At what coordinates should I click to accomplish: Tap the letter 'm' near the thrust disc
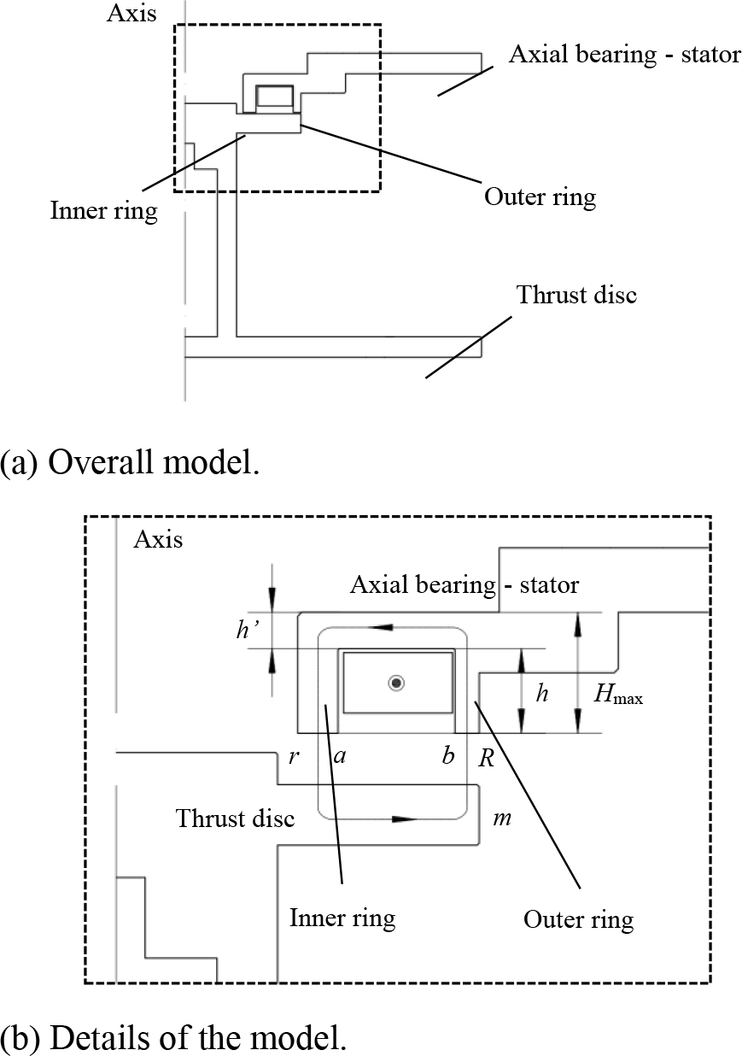click(x=502, y=819)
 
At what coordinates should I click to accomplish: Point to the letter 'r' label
click(x=292, y=757)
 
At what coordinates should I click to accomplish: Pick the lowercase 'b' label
click(x=447, y=757)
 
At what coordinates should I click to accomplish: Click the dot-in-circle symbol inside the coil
click(x=396, y=683)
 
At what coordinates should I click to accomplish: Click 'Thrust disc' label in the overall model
click(x=576, y=296)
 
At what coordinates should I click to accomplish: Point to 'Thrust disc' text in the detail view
click(x=235, y=818)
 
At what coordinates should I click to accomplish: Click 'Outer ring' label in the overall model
click(x=540, y=197)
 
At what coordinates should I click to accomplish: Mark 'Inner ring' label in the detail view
click(x=342, y=918)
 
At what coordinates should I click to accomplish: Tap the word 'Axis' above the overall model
click(x=131, y=14)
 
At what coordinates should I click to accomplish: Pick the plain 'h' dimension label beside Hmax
click(x=541, y=693)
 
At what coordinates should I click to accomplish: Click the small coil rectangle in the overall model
click(x=274, y=97)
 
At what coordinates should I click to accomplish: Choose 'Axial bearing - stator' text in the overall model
click(x=624, y=56)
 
